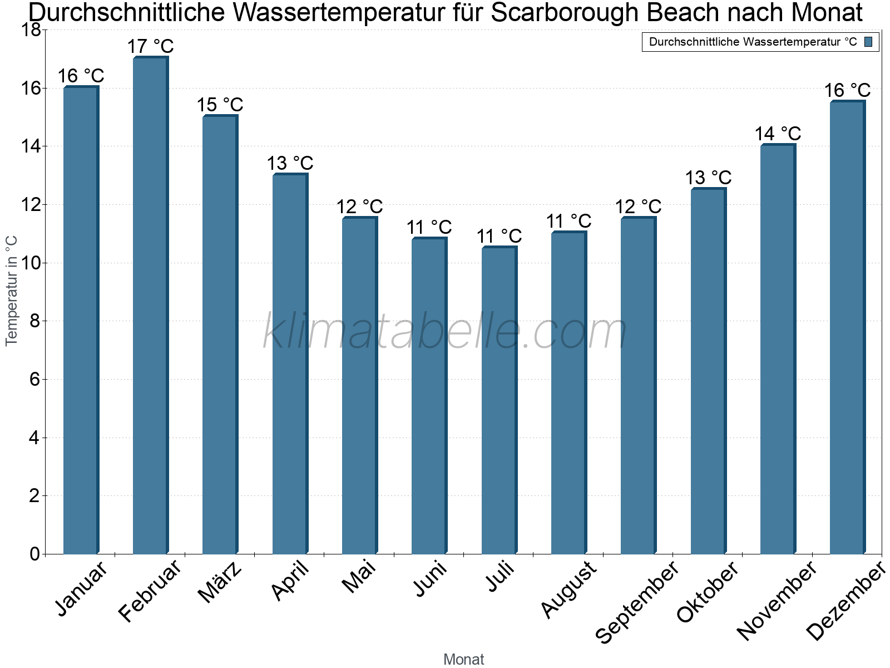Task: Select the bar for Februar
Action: click(x=150, y=306)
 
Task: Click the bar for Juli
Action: click(x=499, y=401)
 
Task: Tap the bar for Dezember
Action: click(x=847, y=328)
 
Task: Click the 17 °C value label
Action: click(x=151, y=46)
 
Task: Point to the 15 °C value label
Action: click(x=220, y=104)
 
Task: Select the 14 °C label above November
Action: click(x=778, y=134)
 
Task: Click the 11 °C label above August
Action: click(x=568, y=221)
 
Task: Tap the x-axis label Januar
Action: click(x=82, y=589)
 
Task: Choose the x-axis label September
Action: click(x=637, y=601)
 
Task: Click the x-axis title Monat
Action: click(x=463, y=659)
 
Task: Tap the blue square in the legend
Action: click(x=869, y=42)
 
